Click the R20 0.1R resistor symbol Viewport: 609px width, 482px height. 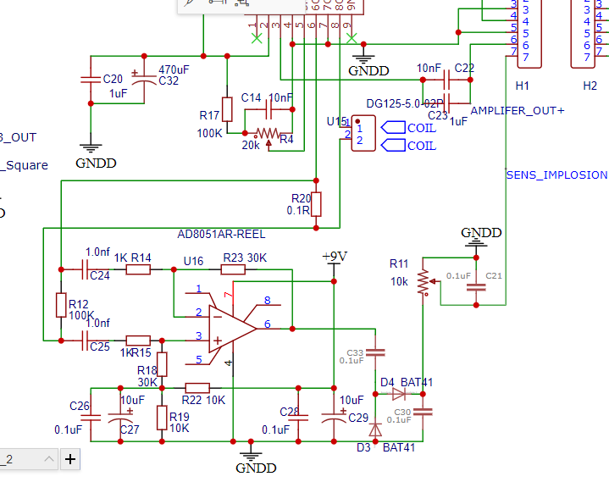[316, 204]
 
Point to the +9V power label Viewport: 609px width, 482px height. [335, 256]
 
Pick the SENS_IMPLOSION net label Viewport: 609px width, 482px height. [556, 175]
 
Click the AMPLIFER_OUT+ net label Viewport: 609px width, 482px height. [517, 111]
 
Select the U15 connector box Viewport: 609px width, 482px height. [364, 134]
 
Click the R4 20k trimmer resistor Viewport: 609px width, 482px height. [267, 133]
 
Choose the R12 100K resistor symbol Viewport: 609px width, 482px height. [61, 305]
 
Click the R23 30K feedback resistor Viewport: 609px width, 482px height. [233, 269]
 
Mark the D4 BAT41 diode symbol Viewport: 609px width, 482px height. [399, 394]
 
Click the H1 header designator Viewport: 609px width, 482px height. [522, 86]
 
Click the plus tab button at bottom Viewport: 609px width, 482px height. [70, 459]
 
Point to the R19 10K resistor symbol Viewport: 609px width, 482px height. [162, 417]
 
